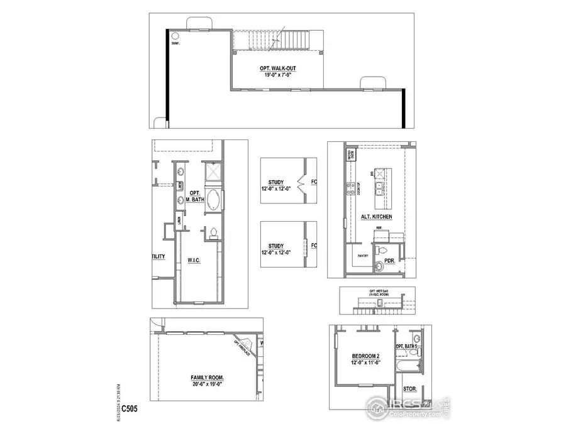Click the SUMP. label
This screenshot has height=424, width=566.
tap(175, 43)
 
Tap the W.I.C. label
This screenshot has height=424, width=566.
tap(193, 259)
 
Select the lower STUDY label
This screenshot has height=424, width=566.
tap(275, 246)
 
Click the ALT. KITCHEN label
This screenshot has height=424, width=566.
tap(377, 217)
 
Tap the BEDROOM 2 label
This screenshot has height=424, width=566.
tap(365, 356)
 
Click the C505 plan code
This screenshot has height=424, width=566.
tap(130, 408)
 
